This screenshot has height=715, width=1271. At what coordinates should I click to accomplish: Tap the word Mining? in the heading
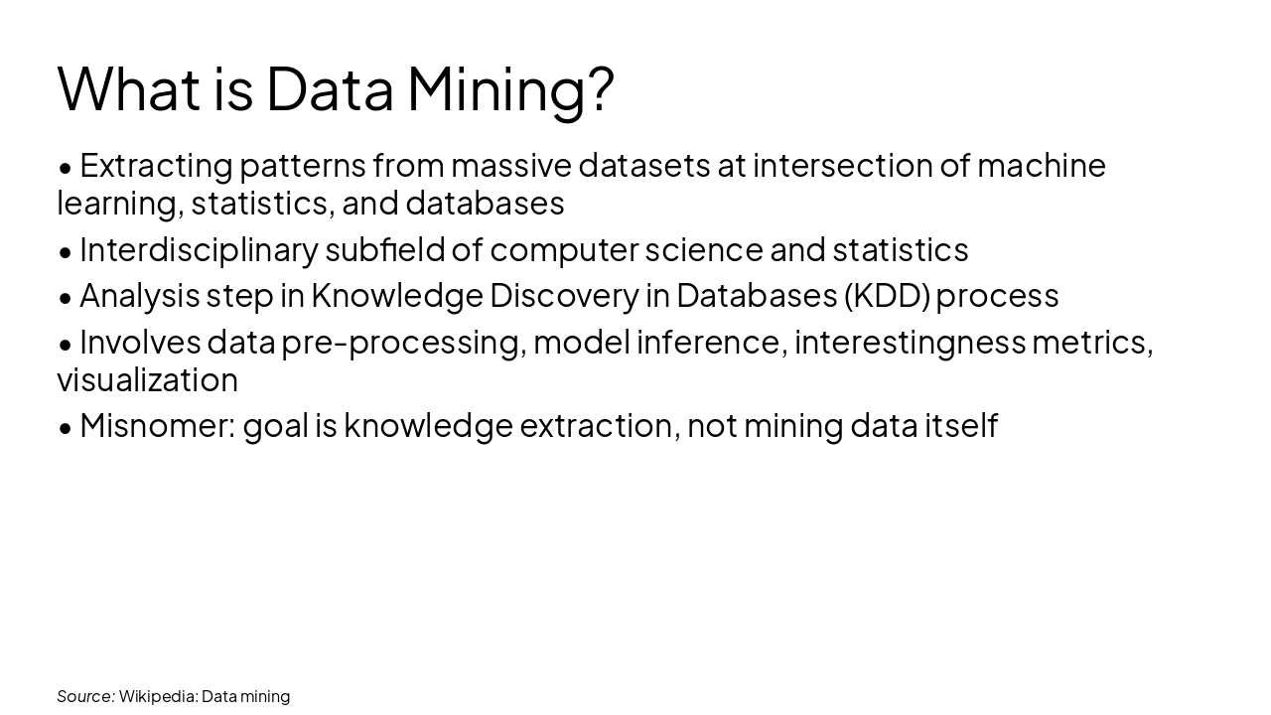[x=510, y=89]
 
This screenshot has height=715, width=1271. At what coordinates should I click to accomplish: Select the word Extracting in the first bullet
[x=156, y=165]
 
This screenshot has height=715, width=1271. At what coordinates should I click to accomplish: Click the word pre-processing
[x=401, y=343]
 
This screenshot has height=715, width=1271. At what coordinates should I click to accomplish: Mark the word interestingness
[x=909, y=343]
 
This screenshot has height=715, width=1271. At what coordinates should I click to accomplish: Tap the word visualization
[x=147, y=379]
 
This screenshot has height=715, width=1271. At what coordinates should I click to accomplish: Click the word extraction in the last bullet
[x=598, y=426]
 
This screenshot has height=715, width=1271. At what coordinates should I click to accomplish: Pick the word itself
[x=960, y=426]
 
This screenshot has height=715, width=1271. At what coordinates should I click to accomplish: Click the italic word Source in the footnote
[x=84, y=696]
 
